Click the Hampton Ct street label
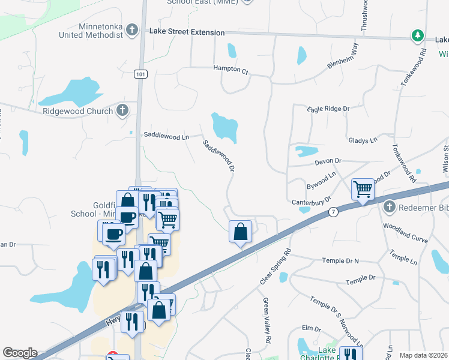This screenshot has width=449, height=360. click(x=231, y=70)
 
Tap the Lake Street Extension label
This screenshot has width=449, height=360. click(x=187, y=32)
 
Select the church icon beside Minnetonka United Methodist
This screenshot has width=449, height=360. click(x=132, y=30)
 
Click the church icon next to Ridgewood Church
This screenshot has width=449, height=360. click(x=122, y=110)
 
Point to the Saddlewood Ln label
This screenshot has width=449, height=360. click(x=166, y=136)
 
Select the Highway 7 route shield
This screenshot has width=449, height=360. click(x=333, y=212)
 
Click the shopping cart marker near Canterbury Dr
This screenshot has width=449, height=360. click(x=363, y=190)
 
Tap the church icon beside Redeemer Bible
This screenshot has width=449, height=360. click(x=389, y=207)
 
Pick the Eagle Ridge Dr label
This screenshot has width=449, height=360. click(x=328, y=109)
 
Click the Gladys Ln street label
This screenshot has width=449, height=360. click(x=363, y=140)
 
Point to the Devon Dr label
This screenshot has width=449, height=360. click(x=328, y=161)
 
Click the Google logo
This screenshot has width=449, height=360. click(x=20, y=353)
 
